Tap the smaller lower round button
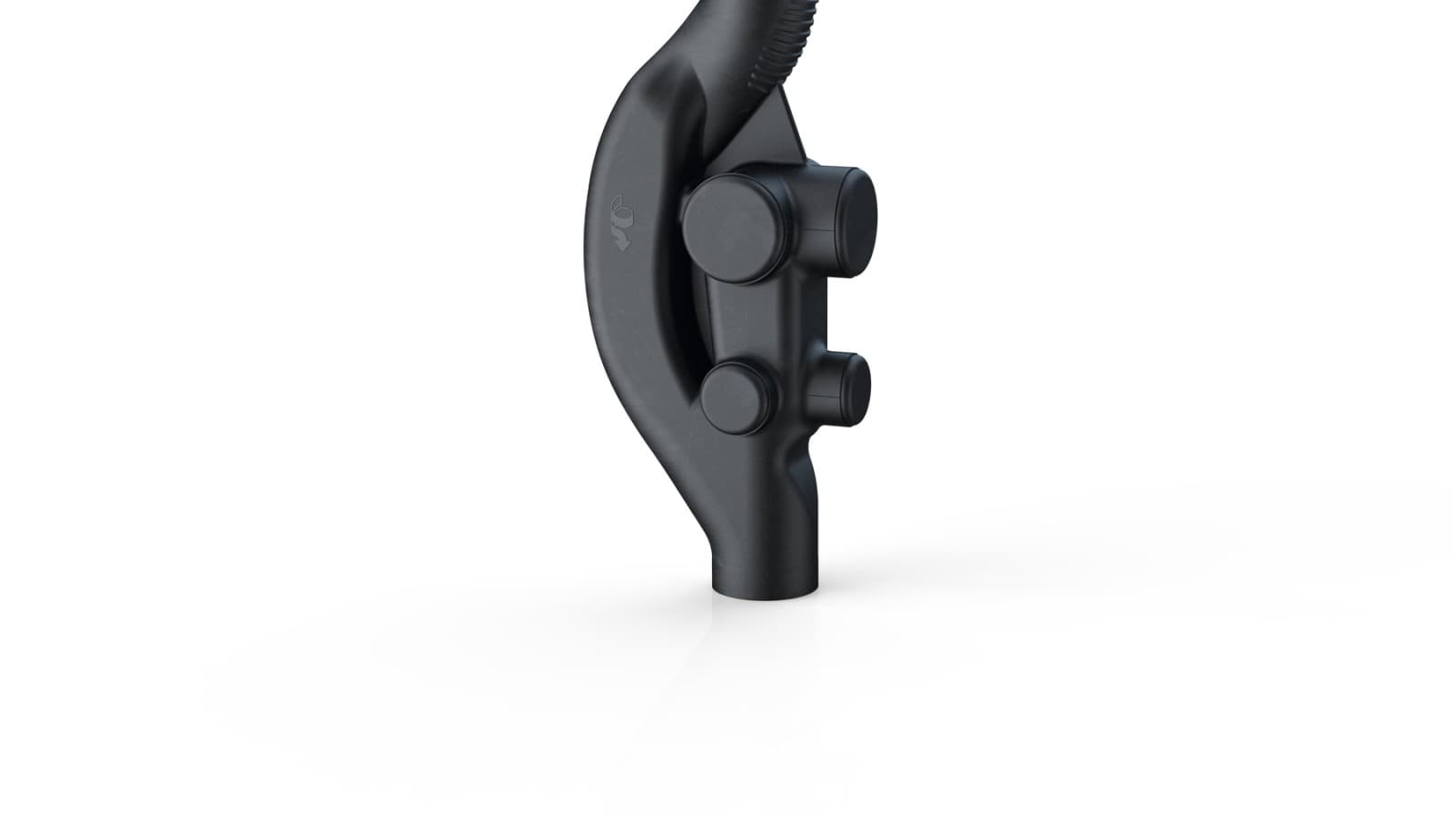tap(737, 396)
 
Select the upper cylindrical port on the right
tap(831, 221)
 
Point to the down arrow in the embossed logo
tap(622, 241)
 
